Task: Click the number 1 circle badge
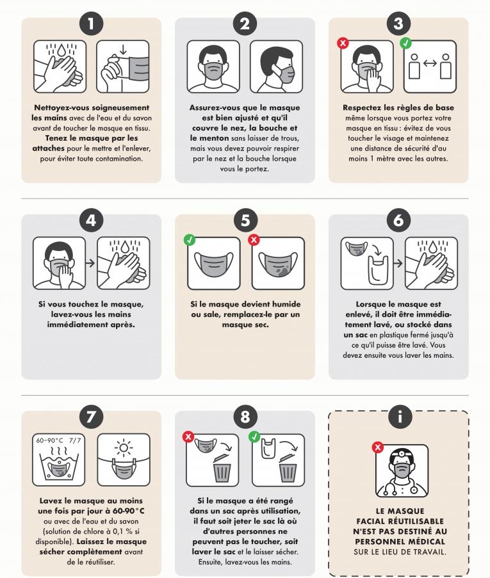coord(91,24)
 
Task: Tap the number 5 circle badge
coord(245,220)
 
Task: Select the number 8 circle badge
coord(245,417)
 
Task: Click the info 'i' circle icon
coord(399,417)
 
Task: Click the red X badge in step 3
coord(343,43)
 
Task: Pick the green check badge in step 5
coord(190,239)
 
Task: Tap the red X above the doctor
coord(378,447)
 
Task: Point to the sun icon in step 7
coord(124,448)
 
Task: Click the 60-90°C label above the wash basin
coord(50,440)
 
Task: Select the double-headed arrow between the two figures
coord(430,63)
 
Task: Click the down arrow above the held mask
coord(123,50)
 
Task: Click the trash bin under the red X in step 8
coord(222,468)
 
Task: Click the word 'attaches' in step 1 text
coord(48,149)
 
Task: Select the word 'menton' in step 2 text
coord(214,138)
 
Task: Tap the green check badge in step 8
coord(254,437)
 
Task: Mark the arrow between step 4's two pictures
coord(91,263)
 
